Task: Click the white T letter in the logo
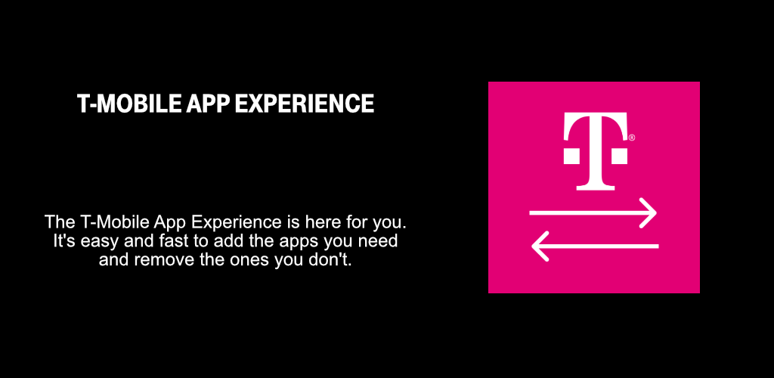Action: coord(596,151)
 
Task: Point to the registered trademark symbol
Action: coord(632,138)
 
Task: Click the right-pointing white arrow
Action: coord(593,213)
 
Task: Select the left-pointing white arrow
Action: coord(595,246)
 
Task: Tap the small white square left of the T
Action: coord(571,156)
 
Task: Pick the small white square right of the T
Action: coord(620,156)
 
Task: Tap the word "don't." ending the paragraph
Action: coord(334,259)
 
